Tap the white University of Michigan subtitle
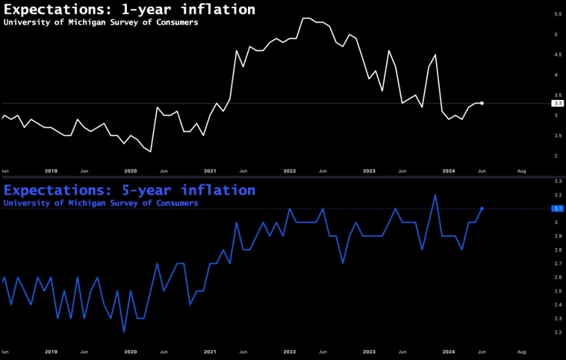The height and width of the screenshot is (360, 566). click(x=101, y=22)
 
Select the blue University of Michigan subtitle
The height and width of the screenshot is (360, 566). click(x=101, y=202)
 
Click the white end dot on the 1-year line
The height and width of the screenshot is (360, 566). click(x=482, y=103)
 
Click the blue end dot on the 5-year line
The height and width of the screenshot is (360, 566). click(x=482, y=208)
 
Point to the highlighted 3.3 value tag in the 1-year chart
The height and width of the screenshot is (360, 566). click(x=556, y=103)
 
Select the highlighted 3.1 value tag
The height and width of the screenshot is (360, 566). click(x=557, y=208)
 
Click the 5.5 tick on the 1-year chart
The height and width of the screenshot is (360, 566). click(x=557, y=14)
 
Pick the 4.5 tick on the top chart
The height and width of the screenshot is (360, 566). click(x=557, y=55)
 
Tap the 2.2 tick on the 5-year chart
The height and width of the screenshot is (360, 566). click(x=557, y=332)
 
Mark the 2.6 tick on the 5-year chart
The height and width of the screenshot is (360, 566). click(x=557, y=277)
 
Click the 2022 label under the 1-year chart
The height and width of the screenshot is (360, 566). click(x=289, y=171)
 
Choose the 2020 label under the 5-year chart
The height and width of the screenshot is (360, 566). click(x=131, y=351)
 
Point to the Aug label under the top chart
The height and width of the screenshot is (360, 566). click(x=521, y=171)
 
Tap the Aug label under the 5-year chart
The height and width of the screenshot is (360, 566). click(x=521, y=351)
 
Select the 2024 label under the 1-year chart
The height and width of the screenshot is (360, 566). click(x=449, y=171)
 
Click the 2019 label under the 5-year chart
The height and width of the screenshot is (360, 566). click(x=51, y=351)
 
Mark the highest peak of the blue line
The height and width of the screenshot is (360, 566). click(x=435, y=195)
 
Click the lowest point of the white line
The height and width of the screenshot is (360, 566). click(x=151, y=152)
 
